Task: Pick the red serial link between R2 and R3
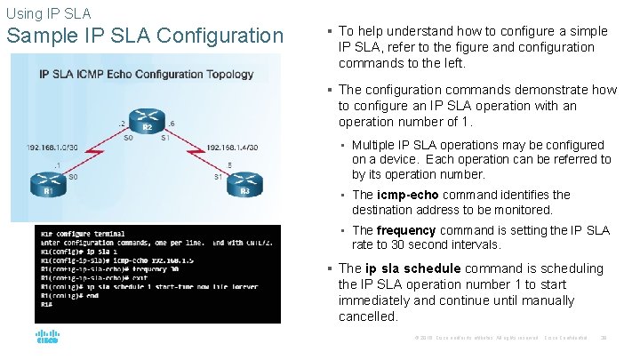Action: click(x=197, y=155)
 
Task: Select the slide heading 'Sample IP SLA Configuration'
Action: click(x=144, y=36)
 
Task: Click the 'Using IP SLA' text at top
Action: click(x=48, y=14)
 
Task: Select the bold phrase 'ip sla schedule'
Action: click(x=412, y=268)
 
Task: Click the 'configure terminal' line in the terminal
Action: click(x=92, y=231)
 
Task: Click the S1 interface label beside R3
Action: click(x=218, y=177)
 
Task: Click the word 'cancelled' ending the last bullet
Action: click(x=368, y=316)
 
